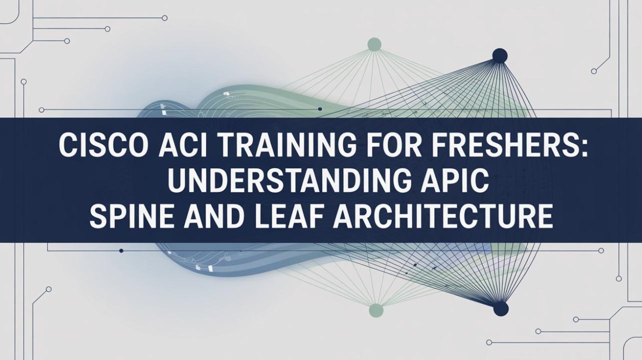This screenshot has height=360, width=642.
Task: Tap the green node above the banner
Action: pos(374,44)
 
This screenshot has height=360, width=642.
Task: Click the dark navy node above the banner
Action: pos(500,55)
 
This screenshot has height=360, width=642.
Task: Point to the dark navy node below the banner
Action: pos(501,308)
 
